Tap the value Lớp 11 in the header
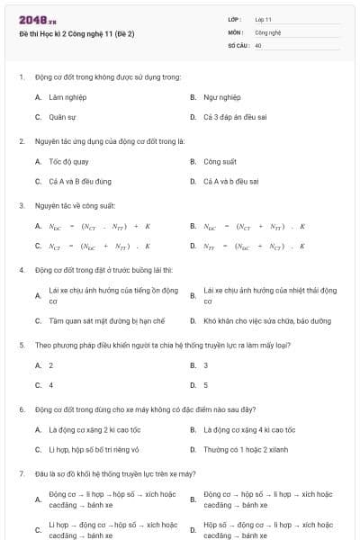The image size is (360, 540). pos(264,19)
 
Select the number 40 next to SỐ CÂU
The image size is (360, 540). pos(258,44)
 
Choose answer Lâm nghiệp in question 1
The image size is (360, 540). pos(61,96)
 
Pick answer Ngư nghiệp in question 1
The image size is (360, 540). pos(221,96)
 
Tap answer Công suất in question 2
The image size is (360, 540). pos(220,161)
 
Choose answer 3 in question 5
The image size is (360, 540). pos(206,365)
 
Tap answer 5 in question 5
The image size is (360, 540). pos(206,385)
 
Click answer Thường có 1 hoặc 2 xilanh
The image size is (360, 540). pos(244,449)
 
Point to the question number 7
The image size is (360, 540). pos(22,473)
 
